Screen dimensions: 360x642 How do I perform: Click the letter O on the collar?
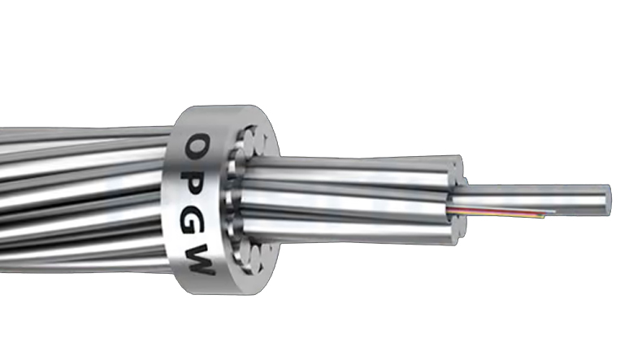pos(195,148)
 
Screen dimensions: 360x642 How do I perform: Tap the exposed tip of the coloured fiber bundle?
pos(553,214)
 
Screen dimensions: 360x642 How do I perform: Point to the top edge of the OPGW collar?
pos(215,109)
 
